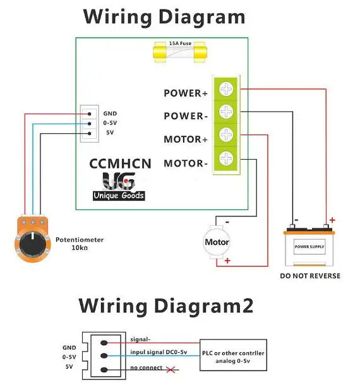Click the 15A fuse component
click(180, 52)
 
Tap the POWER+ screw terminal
click(226, 89)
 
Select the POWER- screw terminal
click(226, 112)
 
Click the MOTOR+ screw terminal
click(226, 134)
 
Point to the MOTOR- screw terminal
click(226, 158)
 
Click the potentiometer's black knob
click(33, 244)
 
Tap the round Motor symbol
click(217, 242)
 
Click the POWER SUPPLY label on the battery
click(309, 247)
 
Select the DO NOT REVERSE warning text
click(310, 276)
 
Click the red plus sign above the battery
click(332, 220)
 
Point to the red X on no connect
click(171, 370)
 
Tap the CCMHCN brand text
click(121, 163)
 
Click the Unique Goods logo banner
click(119, 196)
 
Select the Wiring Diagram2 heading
click(166, 305)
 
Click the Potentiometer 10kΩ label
click(80, 244)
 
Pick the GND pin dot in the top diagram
click(90, 114)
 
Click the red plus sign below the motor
click(227, 261)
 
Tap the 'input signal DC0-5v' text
click(159, 352)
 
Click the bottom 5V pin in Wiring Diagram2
click(104, 370)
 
